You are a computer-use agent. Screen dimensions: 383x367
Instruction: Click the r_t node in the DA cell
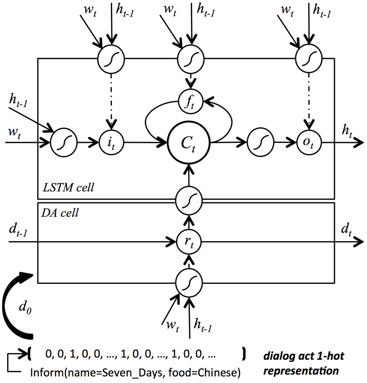pyautogui.click(x=189, y=241)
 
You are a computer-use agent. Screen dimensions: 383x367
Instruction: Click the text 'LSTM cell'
pyautogui.click(x=69, y=188)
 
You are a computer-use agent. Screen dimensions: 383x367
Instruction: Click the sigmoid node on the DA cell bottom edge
pyautogui.click(x=189, y=282)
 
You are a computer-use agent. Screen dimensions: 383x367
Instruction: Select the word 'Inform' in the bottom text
pyautogui.click(x=45, y=373)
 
